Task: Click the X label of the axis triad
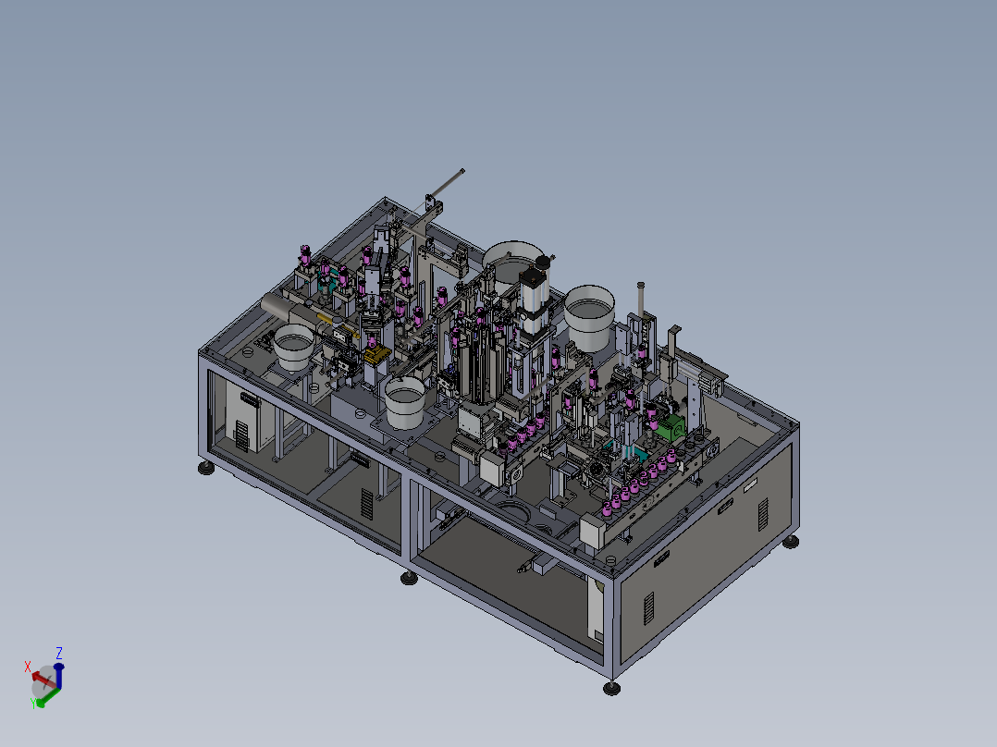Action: pyautogui.click(x=28, y=667)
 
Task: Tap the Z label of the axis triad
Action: pyautogui.click(x=59, y=654)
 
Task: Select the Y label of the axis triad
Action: pyautogui.click(x=33, y=703)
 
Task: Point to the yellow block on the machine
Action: pyautogui.click(x=376, y=355)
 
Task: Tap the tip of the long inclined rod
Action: pyautogui.click(x=462, y=170)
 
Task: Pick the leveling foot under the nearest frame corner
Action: pyautogui.click(x=611, y=689)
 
